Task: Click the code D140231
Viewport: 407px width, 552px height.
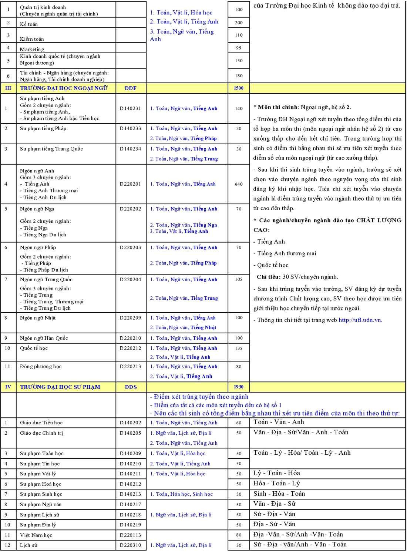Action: tap(130, 108)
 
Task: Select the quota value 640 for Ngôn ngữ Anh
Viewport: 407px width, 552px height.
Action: tap(239, 184)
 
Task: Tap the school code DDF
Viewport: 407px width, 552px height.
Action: tap(131, 88)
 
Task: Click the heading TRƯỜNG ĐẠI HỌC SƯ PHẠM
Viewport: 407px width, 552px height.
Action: tap(60, 387)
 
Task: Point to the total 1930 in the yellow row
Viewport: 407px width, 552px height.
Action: tap(239, 387)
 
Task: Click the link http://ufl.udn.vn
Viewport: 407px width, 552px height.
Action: tap(360, 320)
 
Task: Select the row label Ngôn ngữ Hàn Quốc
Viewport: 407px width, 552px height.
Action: tap(44, 338)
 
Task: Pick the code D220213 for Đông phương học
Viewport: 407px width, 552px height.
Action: tap(130, 367)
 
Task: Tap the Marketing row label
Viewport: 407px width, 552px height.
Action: tap(32, 49)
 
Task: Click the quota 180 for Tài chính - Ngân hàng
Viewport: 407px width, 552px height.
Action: tap(239, 76)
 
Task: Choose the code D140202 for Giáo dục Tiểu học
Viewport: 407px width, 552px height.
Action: tap(130, 423)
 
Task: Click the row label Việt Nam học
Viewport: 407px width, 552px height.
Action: tap(36, 535)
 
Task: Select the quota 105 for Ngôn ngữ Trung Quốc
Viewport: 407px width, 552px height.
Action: tap(239, 279)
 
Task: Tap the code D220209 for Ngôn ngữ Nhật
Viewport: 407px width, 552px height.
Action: tap(130, 318)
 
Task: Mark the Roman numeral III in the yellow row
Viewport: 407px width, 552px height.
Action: tap(8, 88)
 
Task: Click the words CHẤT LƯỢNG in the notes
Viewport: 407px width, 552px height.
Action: tap(379, 220)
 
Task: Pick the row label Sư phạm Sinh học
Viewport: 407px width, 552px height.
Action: tap(41, 494)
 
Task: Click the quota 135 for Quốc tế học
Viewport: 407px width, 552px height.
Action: tap(239, 348)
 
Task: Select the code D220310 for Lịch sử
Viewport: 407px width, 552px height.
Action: tap(130, 545)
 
